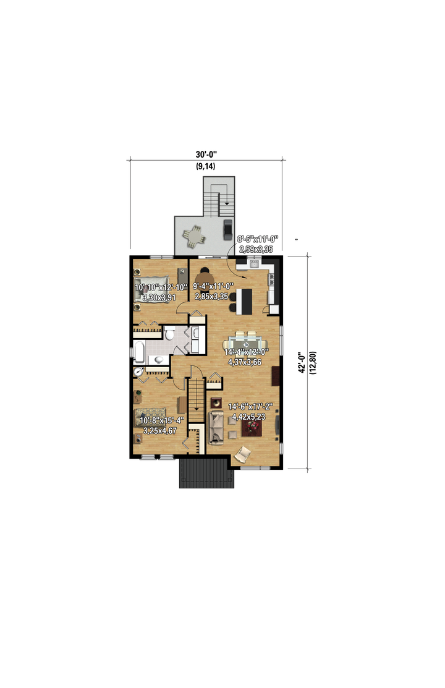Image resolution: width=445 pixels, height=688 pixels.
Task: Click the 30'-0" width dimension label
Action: pos(206,155)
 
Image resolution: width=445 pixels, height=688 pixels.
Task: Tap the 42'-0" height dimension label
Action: pos(302,363)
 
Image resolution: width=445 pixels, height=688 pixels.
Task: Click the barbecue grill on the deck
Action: pos(227,229)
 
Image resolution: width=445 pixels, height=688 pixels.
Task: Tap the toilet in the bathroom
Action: pos(169,333)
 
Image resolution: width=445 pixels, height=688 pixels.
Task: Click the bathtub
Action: pos(139,352)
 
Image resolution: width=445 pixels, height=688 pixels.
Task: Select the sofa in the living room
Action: pos(215,427)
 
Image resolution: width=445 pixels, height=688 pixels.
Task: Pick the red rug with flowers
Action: pos(252,427)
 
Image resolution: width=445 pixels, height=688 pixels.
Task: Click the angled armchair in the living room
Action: pos(243,454)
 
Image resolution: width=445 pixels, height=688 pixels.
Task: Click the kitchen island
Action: pos(245,300)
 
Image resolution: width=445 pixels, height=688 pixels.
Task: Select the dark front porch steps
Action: pos(206,474)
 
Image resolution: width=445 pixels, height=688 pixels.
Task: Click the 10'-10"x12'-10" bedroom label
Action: pos(161,287)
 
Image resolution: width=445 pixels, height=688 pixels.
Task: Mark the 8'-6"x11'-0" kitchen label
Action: pos(257,239)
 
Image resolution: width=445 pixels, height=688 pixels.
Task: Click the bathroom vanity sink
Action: pos(158,360)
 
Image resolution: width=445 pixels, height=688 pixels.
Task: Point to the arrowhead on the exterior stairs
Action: pos(227,203)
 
